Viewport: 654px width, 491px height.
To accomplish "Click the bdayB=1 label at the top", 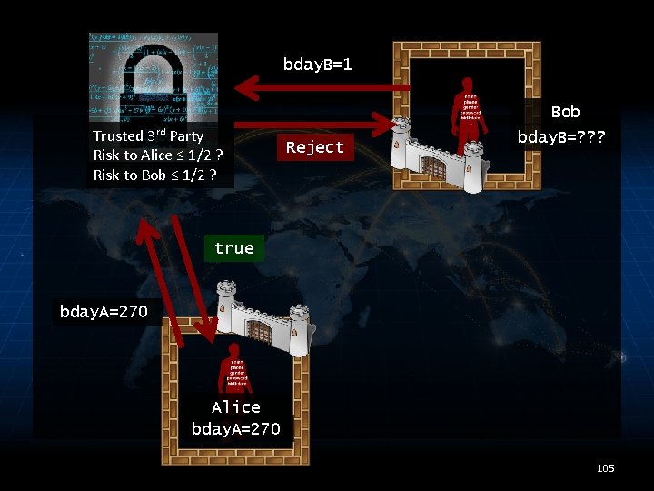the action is tap(317, 65).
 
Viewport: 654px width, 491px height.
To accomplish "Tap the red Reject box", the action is tap(314, 147).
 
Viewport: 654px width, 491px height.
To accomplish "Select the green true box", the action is tap(233, 248).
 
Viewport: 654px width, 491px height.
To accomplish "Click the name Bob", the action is tap(565, 112).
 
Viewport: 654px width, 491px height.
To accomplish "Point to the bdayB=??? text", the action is tap(561, 138).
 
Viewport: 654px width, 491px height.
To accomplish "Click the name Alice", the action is tap(235, 407).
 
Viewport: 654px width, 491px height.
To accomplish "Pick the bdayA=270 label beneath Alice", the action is tap(235, 428).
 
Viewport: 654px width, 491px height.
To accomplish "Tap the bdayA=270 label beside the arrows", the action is tap(104, 312).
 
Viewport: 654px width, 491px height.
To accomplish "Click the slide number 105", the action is tap(605, 468).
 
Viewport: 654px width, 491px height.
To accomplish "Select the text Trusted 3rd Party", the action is tap(148, 135).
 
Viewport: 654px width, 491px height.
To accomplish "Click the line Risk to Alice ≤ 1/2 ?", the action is tap(158, 155).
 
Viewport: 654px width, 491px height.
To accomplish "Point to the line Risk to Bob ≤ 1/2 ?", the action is tap(154, 175).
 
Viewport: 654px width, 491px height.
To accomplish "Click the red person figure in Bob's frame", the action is tap(470, 118).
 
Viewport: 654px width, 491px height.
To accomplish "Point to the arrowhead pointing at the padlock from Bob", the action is tap(245, 87).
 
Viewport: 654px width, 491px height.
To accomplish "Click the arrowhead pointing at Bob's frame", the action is tap(381, 120).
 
